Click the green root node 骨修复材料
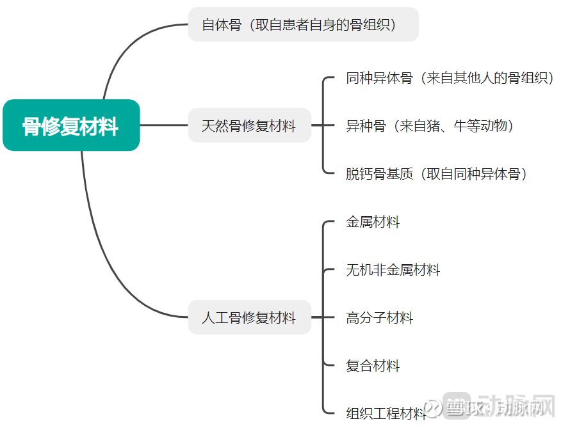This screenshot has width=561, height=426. point(71,125)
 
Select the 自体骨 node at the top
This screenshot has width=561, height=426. point(304,24)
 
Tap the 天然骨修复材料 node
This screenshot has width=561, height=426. point(250,125)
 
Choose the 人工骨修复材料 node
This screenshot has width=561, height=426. point(250,317)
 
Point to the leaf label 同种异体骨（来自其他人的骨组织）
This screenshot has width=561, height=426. point(450,77)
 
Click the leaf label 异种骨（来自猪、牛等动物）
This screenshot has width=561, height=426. point(429,125)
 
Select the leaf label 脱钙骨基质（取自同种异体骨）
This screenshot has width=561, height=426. point(436,174)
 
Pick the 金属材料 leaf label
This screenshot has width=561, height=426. point(373,221)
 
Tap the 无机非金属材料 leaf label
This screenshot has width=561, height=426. point(393,269)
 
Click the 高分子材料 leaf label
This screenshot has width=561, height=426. point(379,317)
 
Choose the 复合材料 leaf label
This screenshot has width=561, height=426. point(373,365)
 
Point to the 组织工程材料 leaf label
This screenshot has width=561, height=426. point(386,413)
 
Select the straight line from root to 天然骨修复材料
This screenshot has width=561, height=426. point(164,125)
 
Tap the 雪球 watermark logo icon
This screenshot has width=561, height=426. point(434,408)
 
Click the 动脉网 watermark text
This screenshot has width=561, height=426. point(516,406)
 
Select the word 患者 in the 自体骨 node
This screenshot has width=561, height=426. point(295,24)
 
